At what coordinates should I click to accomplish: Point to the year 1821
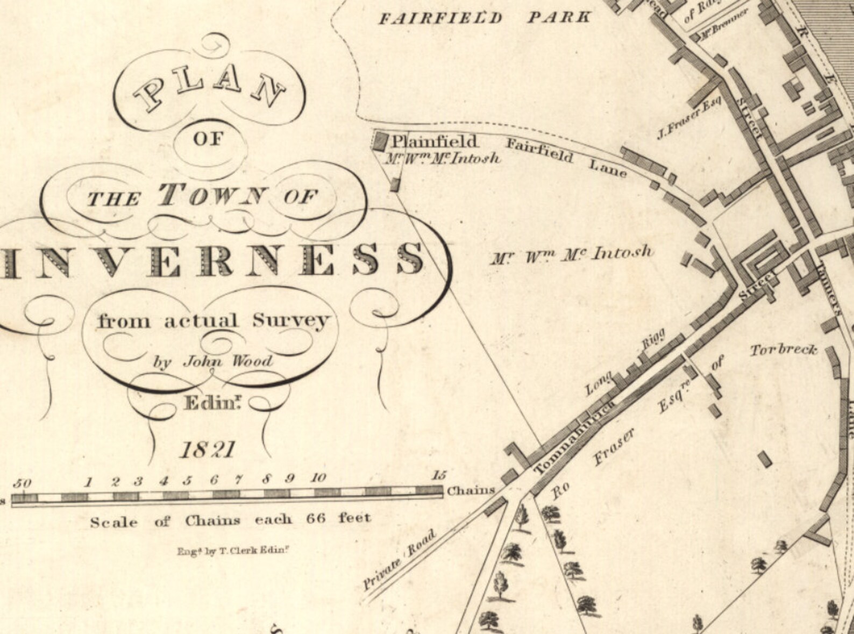tap(208, 450)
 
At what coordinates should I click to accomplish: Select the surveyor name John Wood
tap(228, 361)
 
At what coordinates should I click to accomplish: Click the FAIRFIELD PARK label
tap(484, 18)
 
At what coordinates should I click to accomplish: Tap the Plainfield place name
tap(434, 142)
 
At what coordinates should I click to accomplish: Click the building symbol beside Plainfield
tap(381, 141)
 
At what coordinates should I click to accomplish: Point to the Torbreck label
tap(783, 350)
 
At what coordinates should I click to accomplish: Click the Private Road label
tap(398, 560)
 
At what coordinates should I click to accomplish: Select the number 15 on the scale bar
tap(439, 475)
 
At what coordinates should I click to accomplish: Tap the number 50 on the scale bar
tap(23, 483)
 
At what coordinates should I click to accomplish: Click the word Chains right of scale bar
tap(471, 490)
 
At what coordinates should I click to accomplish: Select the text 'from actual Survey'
tap(212, 321)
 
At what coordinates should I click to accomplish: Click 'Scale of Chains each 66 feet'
tap(230, 520)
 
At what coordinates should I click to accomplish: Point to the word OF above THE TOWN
tap(208, 139)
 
